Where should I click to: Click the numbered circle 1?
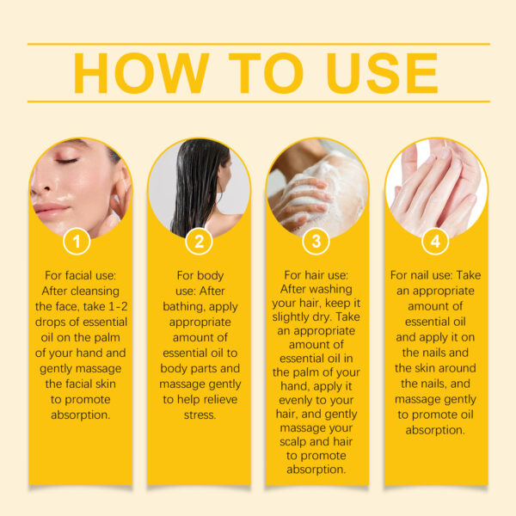tap(78, 242)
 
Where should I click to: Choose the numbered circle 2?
tap(199, 242)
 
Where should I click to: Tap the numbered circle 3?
tap(316, 242)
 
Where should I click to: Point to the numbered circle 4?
tap(435, 242)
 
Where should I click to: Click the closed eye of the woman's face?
tap(66, 161)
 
